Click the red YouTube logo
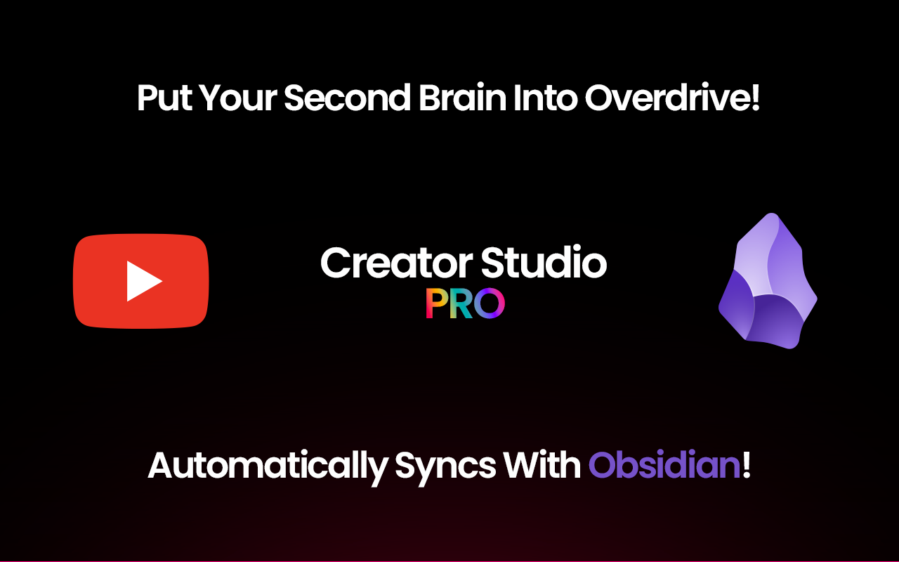(x=141, y=281)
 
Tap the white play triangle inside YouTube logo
(x=143, y=281)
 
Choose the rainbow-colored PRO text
(x=465, y=303)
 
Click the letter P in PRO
(x=437, y=303)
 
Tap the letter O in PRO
(x=491, y=303)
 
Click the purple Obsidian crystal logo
(x=768, y=281)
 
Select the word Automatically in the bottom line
(x=268, y=466)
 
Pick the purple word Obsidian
(x=664, y=466)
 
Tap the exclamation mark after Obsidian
(x=747, y=466)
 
